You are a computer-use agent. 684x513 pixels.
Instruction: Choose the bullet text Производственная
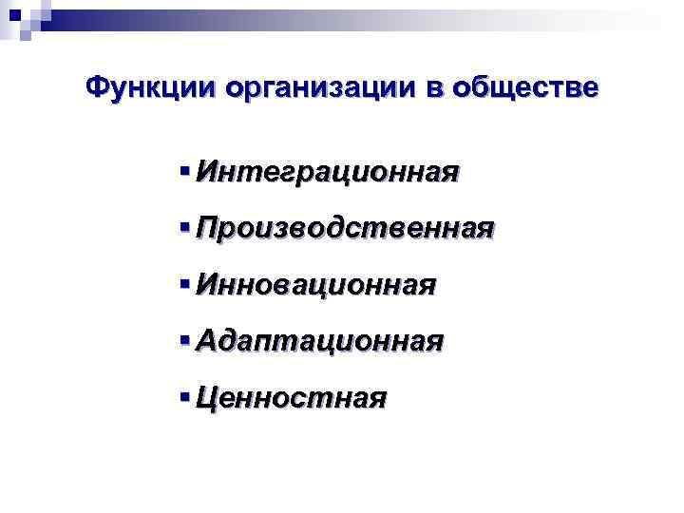(345, 228)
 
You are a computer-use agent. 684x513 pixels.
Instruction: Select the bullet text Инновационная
(315, 284)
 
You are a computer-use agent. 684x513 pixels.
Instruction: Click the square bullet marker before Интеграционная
(183, 172)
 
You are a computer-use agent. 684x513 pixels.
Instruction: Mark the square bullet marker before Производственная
(183, 228)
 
